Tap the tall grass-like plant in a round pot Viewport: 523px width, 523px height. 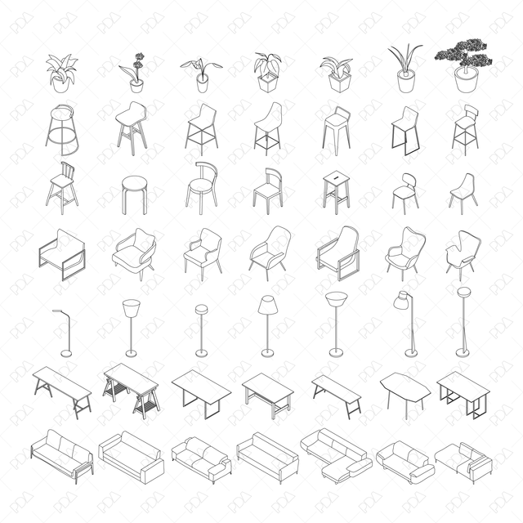pos(405,69)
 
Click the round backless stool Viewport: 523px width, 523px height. pos(134,194)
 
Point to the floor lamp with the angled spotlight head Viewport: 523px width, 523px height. pos(406,323)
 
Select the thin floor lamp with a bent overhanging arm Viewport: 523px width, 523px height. pos(64,331)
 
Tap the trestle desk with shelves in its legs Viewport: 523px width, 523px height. pos(131,391)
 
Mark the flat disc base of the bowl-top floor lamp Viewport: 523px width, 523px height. pos(336,353)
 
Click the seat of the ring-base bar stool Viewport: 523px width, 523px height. pos(63,110)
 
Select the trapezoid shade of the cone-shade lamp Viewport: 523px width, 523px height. pos(267,305)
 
